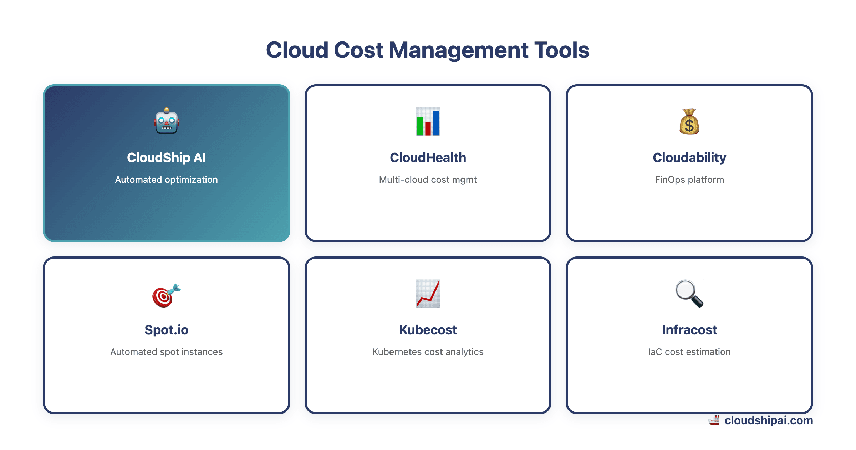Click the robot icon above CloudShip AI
click(x=167, y=121)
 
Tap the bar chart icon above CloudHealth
click(x=428, y=121)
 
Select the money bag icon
click(x=689, y=121)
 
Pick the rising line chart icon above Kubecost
click(x=428, y=294)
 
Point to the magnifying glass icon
click(x=689, y=294)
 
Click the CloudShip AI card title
click(x=167, y=157)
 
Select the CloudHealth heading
click(x=428, y=157)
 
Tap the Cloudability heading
click(x=689, y=157)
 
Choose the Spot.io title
click(x=167, y=330)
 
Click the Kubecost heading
click(x=428, y=330)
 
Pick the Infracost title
click(x=689, y=330)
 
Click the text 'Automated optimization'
click(x=167, y=180)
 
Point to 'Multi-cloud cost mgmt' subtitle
click(x=428, y=180)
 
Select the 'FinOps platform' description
click(x=689, y=180)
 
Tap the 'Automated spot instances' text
click(x=167, y=352)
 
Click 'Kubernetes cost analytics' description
click(x=428, y=352)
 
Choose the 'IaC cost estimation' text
click(x=689, y=352)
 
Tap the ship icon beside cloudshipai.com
click(x=714, y=420)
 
